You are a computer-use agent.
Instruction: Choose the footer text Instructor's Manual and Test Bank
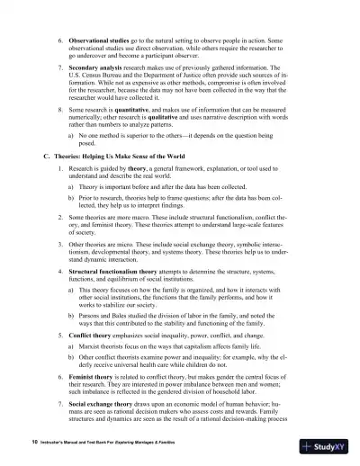coord(89,444)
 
